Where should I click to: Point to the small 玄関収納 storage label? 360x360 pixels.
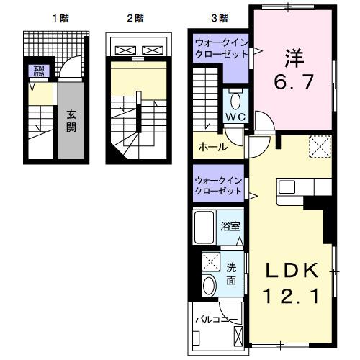pos(37,71)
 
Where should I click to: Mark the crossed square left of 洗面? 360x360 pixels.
pos(210,261)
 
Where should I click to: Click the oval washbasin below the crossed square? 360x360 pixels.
pos(210,285)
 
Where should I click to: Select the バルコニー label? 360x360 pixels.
pos(217,318)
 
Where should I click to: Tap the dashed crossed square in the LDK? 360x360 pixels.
pos(318,146)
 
